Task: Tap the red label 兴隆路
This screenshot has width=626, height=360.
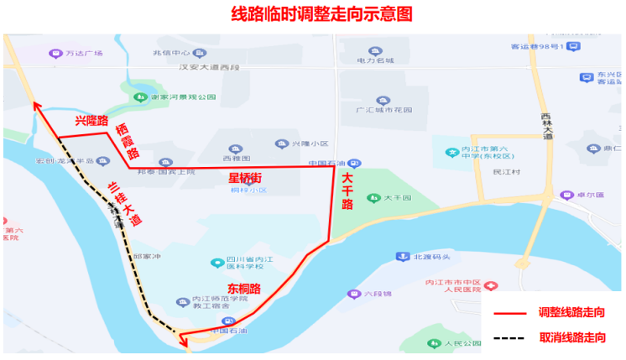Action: (91, 121)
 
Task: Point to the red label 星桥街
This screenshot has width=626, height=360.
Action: (245, 178)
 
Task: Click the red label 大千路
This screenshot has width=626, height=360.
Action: (347, 191)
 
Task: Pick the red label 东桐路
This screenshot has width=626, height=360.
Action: (243, 289)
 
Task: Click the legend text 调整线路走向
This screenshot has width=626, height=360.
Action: (571, 312)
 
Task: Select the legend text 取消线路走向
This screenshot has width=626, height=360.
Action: (571, 338)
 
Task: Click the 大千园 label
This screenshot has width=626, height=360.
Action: (397, 199)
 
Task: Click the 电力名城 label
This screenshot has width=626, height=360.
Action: (375, 61)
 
